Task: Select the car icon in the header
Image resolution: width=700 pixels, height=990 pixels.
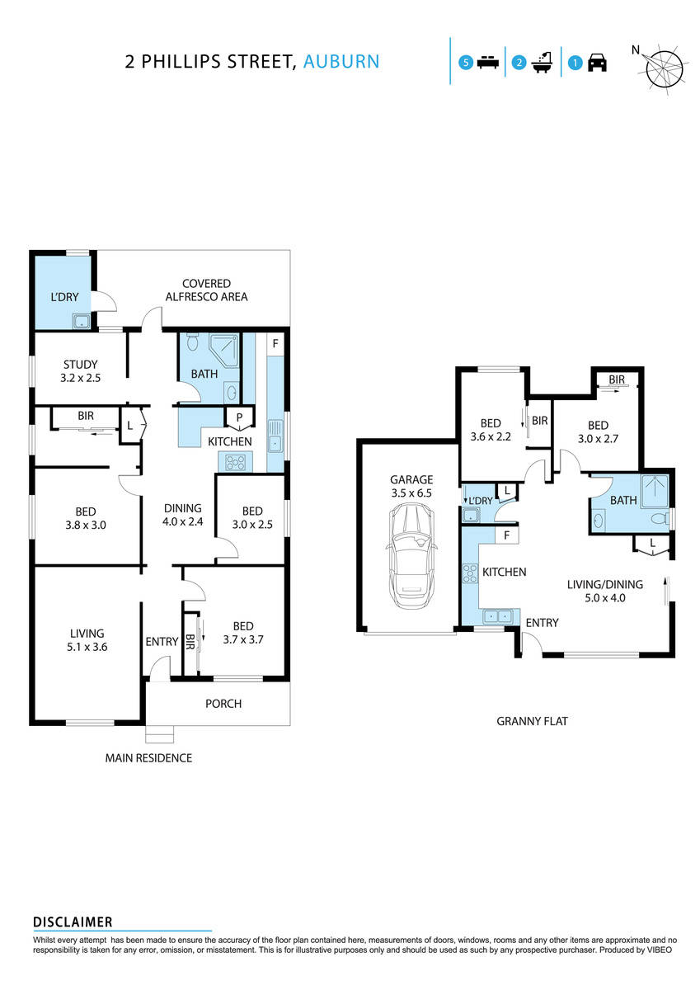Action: tap(597, 63)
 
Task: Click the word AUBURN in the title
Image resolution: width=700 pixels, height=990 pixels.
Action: tap(341, 61)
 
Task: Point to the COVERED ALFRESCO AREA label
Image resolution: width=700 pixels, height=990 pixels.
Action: tap(206, 290)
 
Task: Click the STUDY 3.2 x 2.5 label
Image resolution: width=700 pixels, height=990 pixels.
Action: tap(80, 370)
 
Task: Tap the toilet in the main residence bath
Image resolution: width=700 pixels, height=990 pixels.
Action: tap(192, 342)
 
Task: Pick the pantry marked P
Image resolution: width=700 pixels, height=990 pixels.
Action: tap(239, 418)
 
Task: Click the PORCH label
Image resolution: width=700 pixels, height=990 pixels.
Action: tap(223, 704)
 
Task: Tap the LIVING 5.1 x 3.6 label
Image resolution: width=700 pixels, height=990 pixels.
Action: tap(87, 640)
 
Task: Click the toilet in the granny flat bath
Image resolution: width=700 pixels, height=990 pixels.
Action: tap(660, 519)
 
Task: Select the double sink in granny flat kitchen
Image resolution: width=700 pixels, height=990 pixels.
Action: tap(496, 615)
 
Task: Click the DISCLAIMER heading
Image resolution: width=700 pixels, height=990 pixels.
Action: tap(73, 922)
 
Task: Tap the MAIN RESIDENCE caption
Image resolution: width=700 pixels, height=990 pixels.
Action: tap(148, 757)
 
